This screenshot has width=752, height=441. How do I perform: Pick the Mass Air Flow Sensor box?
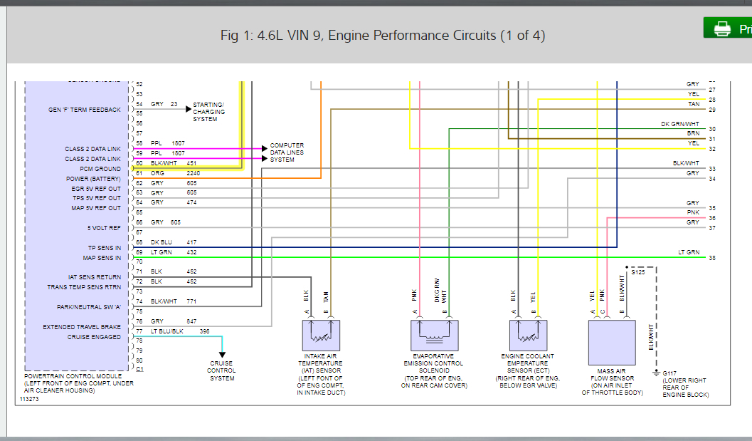611,343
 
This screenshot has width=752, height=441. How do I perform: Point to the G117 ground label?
669,373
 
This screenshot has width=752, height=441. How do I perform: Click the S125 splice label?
638,272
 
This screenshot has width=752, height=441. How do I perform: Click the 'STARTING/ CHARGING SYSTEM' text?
209,112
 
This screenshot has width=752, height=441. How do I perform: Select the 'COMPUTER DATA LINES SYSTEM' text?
287,152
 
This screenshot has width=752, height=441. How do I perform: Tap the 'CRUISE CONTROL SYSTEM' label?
222,370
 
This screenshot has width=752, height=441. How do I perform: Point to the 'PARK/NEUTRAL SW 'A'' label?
89,307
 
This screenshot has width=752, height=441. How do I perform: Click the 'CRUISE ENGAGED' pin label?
94,337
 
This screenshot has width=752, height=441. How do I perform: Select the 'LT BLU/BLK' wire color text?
167,331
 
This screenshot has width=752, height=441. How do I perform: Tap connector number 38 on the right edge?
711,257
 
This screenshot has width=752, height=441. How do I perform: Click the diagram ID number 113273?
28,400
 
